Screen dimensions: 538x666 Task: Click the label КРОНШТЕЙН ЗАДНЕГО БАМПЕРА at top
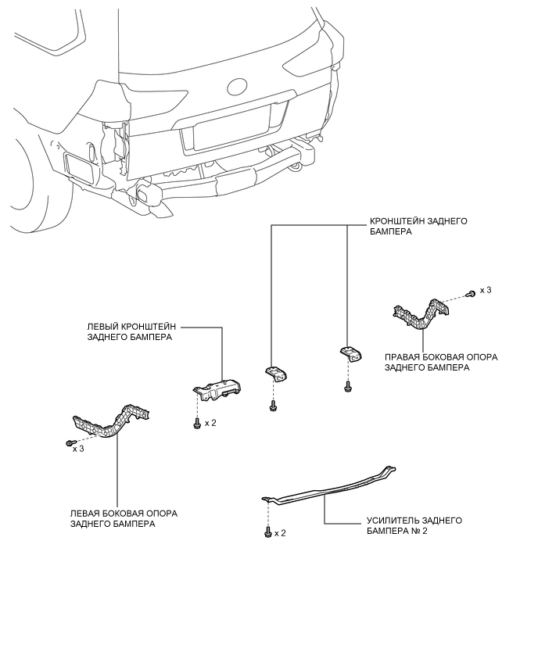coord(418,227)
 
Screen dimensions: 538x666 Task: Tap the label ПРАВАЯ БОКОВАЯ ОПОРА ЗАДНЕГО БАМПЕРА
coord(441,362)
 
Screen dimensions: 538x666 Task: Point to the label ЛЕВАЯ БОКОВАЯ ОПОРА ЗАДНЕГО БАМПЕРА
coord(124,518)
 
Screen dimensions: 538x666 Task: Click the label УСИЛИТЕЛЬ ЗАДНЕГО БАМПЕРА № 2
coord(414,525)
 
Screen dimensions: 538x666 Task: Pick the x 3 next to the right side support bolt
coord(486,290)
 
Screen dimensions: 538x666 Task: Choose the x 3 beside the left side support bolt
coord(77,449)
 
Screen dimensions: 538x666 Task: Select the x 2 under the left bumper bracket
coord(210,423)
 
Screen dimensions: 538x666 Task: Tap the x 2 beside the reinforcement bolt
coord(280,533)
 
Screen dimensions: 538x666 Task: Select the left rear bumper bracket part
coord(217,388)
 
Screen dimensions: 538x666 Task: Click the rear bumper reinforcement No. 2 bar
coord(327,488)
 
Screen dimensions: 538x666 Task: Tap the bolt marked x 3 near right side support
coord(471,293)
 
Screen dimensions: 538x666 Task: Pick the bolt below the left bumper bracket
coord(197,424)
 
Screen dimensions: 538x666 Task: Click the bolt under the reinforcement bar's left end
coord(267,532)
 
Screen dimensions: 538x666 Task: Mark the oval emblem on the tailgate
coord(237,87)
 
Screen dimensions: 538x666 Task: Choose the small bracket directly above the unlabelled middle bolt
coord(276,374)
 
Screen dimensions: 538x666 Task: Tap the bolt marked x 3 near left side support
coord(69,443)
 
